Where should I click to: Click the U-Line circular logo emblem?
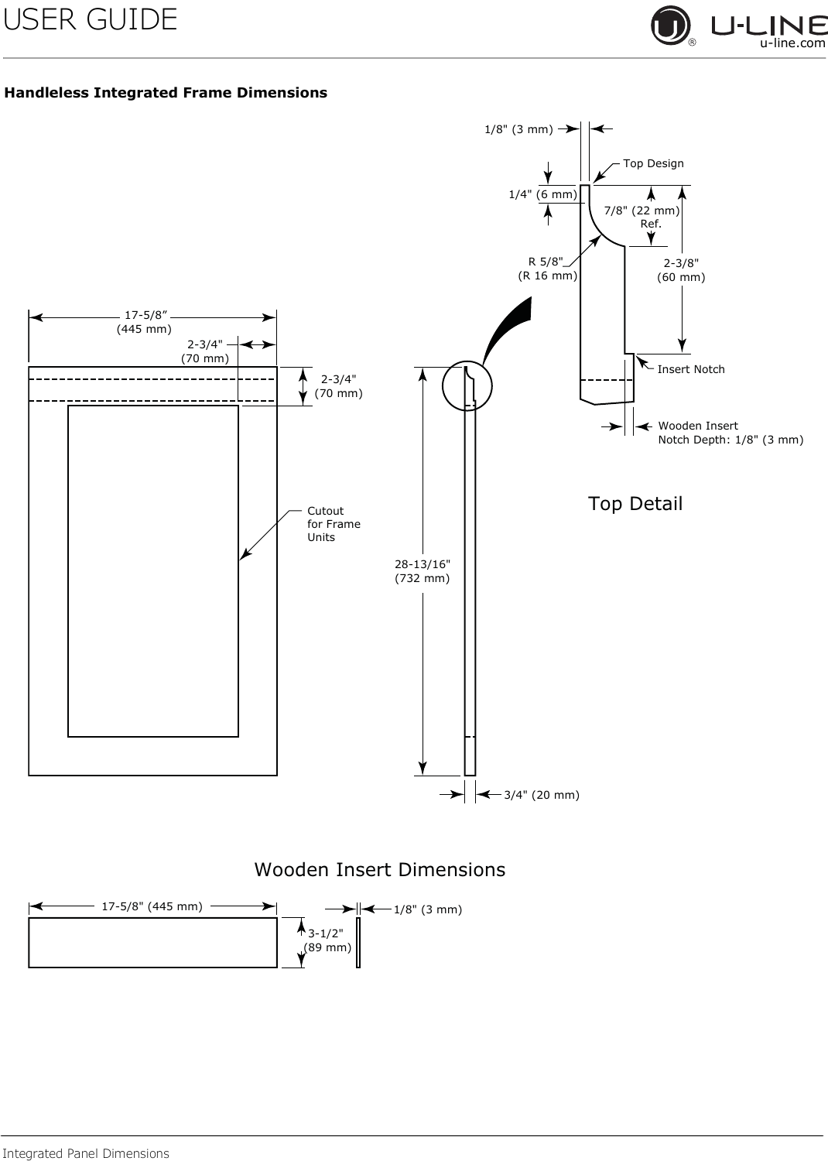(x=670, y=26)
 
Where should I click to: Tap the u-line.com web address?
(x=792, y=43)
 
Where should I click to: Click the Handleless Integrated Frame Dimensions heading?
(x=166, y=93)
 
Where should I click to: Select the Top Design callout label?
(x=653, y=163)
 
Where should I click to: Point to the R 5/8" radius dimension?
(x=548, y=269)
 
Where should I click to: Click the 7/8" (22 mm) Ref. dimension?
(x=642, y=217)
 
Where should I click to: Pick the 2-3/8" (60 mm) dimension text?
(x=681, y=270)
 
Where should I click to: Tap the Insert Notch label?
(x=691, y=369)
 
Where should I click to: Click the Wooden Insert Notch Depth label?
(x=730, y=433)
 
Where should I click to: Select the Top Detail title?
(x=635, y=503)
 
